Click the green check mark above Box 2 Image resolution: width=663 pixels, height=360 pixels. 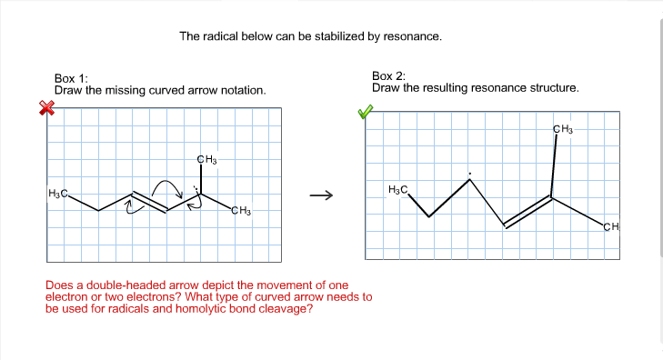coord(365,112)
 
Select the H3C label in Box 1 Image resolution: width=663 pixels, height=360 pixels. coord(59,193)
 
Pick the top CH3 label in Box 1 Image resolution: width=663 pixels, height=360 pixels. coord(206,161)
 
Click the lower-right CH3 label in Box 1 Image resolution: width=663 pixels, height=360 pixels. coord(240,212)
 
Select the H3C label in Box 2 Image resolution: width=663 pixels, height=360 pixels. coord(398,189)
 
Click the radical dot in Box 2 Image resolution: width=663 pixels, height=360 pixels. coord(469,174)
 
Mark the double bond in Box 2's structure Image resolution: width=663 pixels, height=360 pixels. coord(528,212)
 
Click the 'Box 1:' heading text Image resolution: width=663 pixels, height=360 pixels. coord(71,79)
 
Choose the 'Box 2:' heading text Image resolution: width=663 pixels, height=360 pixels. coord(388,75)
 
